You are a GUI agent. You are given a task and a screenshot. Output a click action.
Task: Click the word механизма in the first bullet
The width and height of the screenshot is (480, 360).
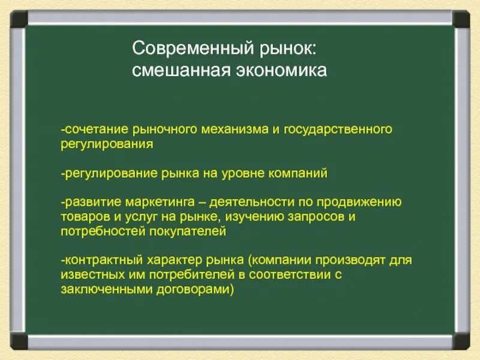pyautogui.click(x=233, y=130)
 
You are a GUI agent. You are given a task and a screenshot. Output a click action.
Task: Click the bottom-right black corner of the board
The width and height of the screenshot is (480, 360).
pyautogui.click(x=461, y=341)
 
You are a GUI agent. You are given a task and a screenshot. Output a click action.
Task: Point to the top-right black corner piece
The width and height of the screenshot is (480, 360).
pyautogui.click(x=461, y=18)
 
